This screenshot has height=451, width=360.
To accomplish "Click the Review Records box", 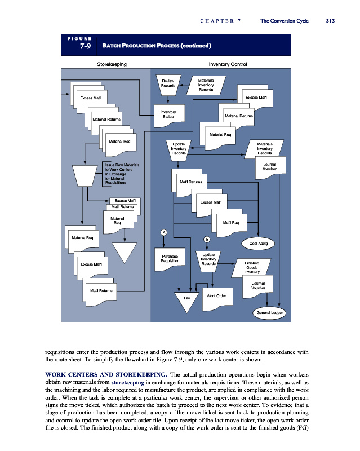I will (168, 84).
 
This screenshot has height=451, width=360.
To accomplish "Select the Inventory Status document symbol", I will (168, 114).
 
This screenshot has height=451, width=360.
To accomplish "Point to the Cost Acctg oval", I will (259, 243).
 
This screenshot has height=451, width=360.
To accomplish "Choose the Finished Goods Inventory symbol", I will (251, 267).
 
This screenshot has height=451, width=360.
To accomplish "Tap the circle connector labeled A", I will (163, 232).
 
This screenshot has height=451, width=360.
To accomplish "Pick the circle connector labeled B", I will (207, 240).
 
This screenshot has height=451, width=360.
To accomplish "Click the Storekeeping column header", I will (112, 64).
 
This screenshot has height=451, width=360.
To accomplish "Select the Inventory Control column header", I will (228, 64).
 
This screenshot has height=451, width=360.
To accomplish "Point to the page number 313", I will (330, 21).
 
